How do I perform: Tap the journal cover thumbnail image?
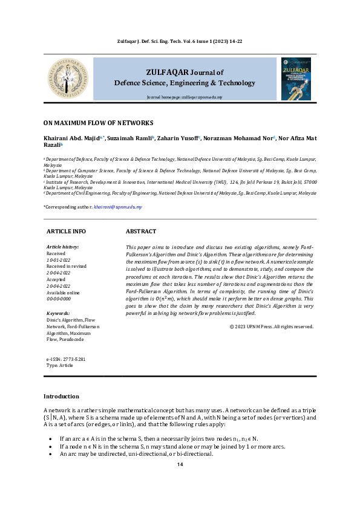[296, 79]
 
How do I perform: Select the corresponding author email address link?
[118, 207]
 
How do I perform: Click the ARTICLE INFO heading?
[66, 232]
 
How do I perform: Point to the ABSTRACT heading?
[140, 232]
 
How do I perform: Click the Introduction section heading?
[61, 396]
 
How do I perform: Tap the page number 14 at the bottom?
[180, 464]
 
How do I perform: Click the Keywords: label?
[59, 314]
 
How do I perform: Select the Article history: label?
[62, 247]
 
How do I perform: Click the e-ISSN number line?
[66, 359]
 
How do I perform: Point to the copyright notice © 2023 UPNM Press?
[272, 326]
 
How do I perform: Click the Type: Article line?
[59, 366]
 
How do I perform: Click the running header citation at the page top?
[180, 41]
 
